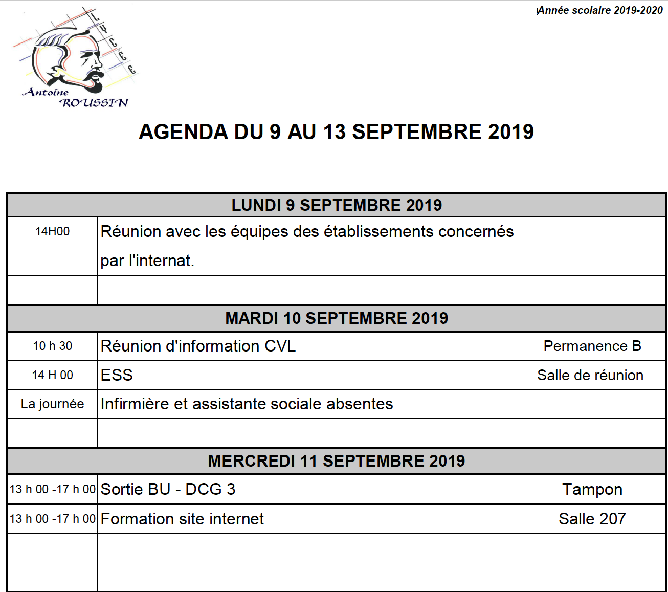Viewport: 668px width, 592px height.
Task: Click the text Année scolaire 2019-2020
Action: click(600, 10)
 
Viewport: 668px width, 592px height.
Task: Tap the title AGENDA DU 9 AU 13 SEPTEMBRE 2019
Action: click(336, 132)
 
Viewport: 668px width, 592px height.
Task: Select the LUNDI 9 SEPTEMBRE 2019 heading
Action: click(336, 205)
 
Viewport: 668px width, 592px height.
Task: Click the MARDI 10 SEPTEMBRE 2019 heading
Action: click(336, 318)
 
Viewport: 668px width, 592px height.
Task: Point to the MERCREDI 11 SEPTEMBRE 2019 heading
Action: click(336, 461)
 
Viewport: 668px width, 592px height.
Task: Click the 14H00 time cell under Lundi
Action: click(52, 231)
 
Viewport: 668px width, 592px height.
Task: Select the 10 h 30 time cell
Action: click(52, 346)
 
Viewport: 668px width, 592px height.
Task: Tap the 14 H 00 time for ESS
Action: click(52, 375)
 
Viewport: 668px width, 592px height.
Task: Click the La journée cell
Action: click(52, 404)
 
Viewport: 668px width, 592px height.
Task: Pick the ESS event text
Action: click(117, 375)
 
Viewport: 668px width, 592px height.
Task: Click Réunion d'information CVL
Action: click(198, 346)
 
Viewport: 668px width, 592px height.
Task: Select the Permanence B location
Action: click(592, 346)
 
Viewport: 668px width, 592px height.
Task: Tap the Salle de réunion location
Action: click(590, 375)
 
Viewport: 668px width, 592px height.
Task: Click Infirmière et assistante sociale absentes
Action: click(247, 404)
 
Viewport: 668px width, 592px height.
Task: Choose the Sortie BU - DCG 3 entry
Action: click(168, 489)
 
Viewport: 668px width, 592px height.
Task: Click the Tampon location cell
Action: click(592, 489)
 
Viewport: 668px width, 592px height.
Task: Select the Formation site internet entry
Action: click(182, 519)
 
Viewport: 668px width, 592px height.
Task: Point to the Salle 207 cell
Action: click(592, 519)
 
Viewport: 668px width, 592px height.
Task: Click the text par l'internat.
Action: click(147, 260)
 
